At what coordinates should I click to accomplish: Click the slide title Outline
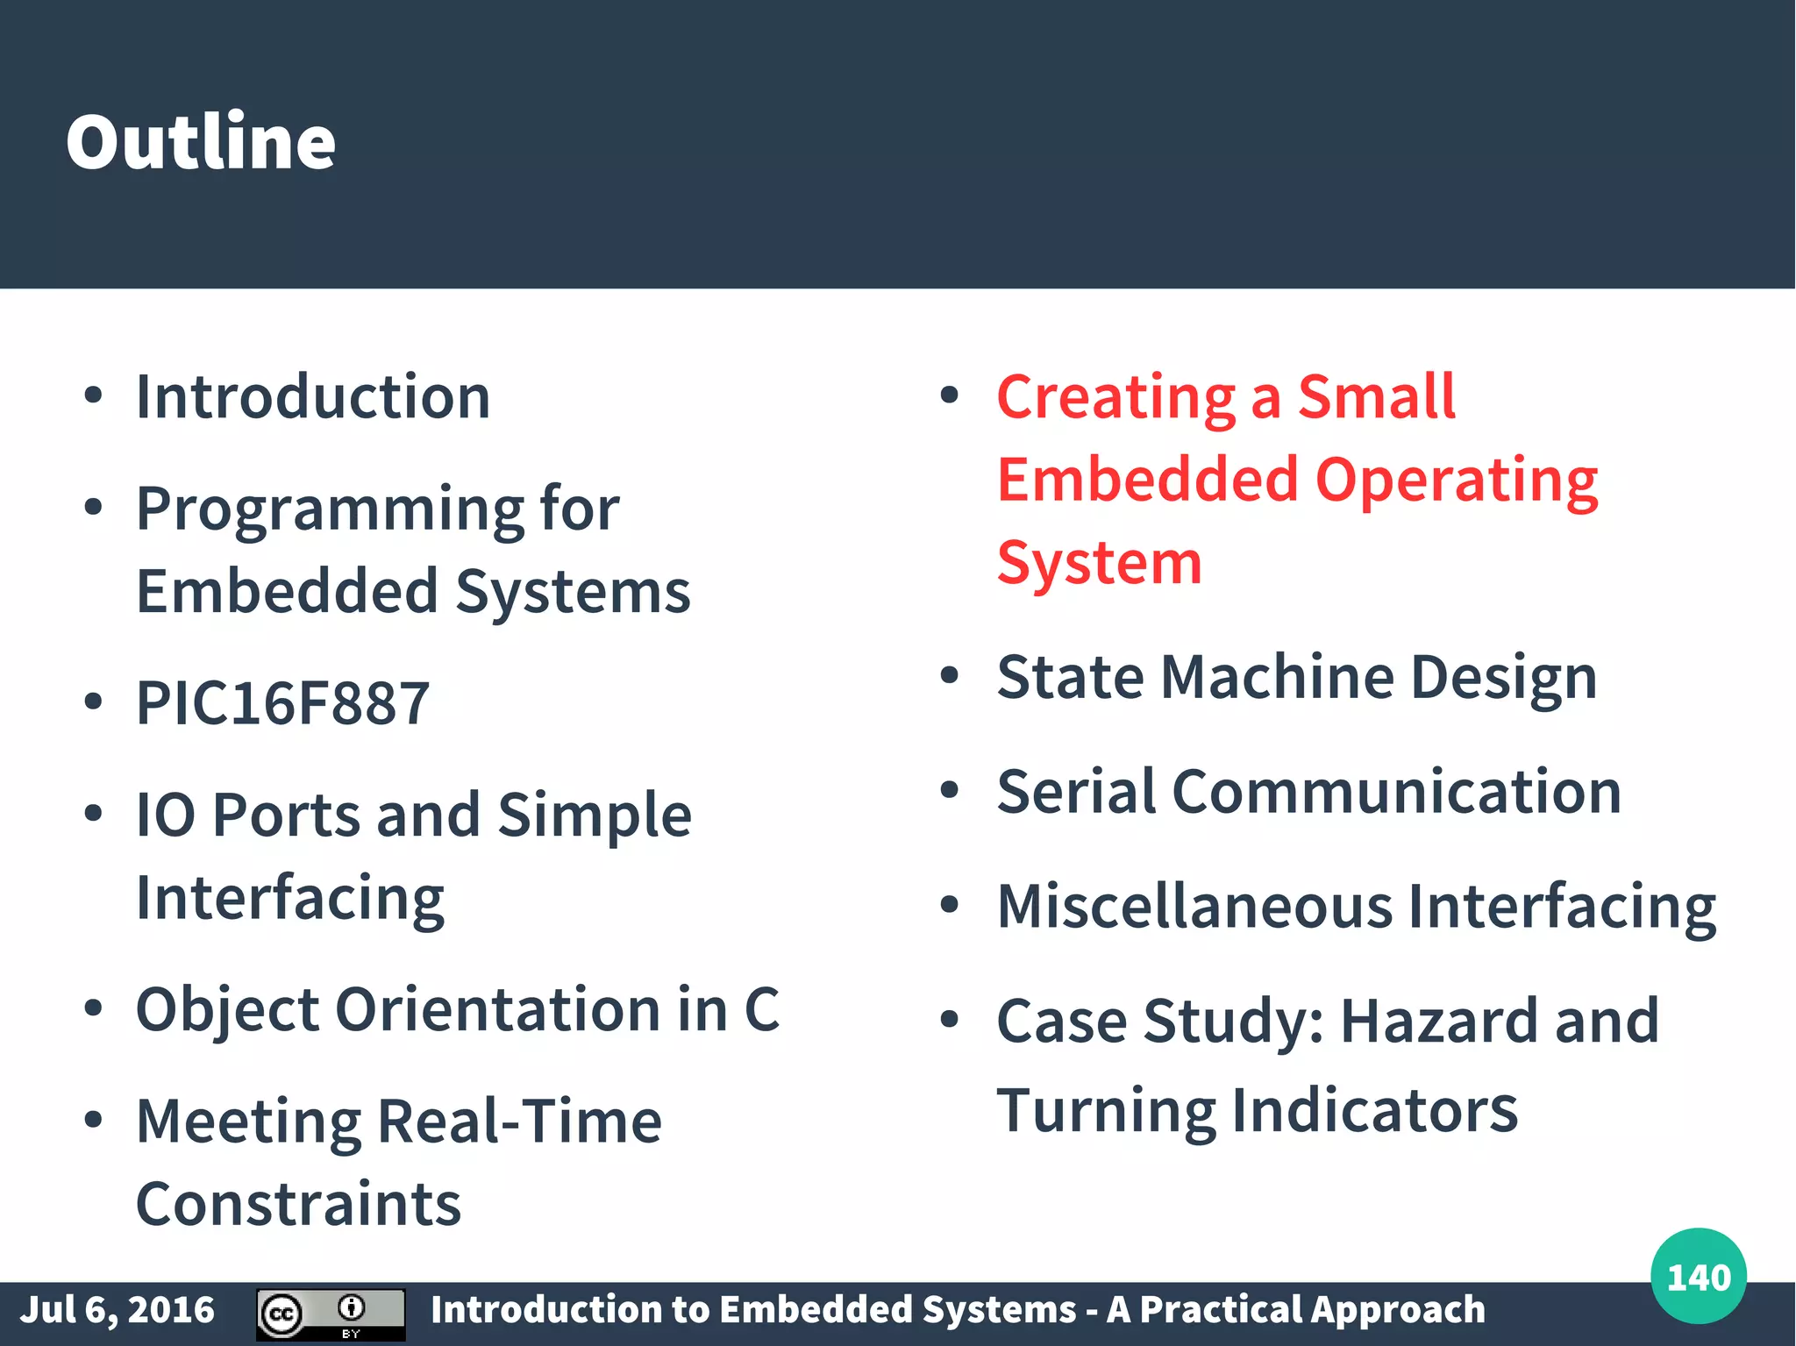pyautogui.click(x=201, y=142)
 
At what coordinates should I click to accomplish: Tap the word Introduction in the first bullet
pyautogui.click(x=313, y=397)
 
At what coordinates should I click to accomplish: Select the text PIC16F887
pyautogui.click(x=282, y=703)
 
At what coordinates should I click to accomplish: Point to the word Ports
pyautogui.click(x=286, y=815)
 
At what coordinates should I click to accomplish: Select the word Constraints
pyautogui.click(x=298, y=1204)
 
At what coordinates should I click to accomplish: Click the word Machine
pyautogui.click(x=1277, y=678)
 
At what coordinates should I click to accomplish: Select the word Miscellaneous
pyautogui.click(x=1194, y=907)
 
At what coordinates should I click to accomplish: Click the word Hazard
pyautogui.click(x=1438, y=1022)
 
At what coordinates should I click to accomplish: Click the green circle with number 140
pyautogui.click(x=1698, y=1276)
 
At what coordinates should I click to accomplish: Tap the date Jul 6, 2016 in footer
pyautogui.click(x=118, y=1310)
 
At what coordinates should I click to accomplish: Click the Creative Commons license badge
pyautogui.click(x=331, y=1314)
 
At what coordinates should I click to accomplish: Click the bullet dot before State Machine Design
pyautogui.click(x=949, y=676)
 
